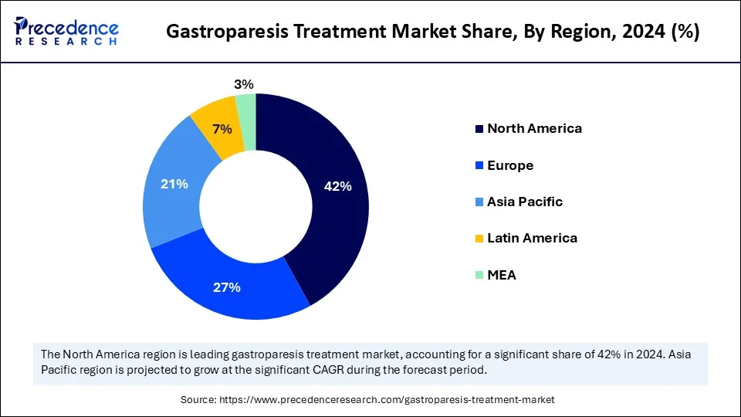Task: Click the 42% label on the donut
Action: coord(337,186)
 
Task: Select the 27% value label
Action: coord(227,287)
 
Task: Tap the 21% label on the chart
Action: coord(174,184)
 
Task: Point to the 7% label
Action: coord(222,129)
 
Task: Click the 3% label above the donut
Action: coord(244,84)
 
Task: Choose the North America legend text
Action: coord(534,128)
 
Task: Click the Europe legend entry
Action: coord(509,165)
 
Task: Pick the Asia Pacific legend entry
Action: coord(524,202)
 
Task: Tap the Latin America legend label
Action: coord(532,238)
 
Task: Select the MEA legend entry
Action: coord(501,275)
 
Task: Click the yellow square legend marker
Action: coord(479,239)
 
